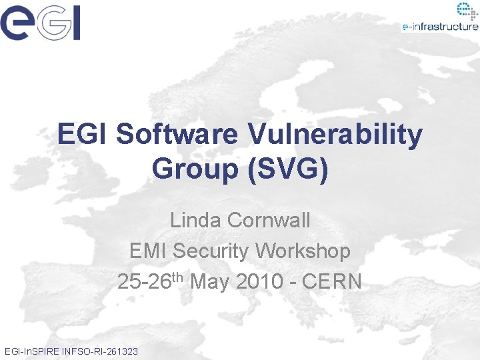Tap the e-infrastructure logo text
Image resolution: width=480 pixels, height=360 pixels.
(440, 27)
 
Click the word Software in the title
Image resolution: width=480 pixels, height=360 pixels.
(177, 134)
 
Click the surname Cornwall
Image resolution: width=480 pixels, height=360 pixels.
(269, 220)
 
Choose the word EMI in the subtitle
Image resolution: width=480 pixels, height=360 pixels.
(148, 251)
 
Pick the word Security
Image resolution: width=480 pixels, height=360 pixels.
(213, 251)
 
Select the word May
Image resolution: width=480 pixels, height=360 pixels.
(212, 281)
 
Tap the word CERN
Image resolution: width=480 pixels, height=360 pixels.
(332, 281)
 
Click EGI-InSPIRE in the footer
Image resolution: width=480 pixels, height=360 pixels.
(31, 351)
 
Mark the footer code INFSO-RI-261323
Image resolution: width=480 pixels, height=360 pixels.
(100, 351)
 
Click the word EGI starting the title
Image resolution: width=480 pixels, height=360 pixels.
(83, 134)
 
